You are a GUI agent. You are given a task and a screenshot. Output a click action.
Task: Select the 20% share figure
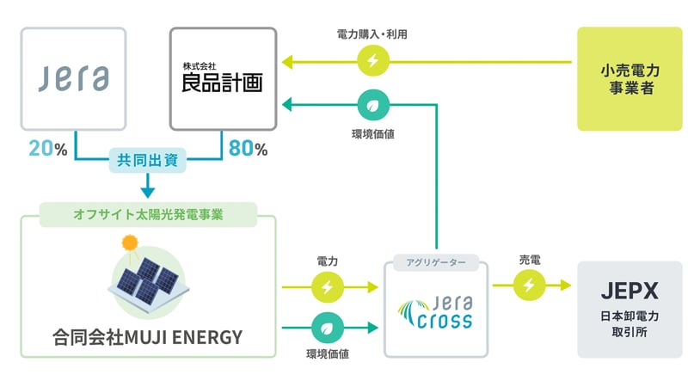click(47, 149)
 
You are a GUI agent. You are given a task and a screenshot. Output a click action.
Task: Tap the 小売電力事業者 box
click(629, 78)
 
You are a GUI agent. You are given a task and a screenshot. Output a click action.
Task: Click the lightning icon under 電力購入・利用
click(372, 61)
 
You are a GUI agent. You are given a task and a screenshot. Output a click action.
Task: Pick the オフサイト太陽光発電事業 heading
click(149, 213)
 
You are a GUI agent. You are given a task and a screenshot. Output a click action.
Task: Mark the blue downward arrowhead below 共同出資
click(148, 191)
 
